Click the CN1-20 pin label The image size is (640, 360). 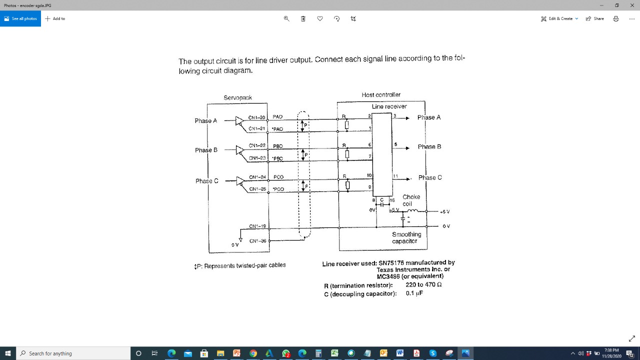coord(256,117)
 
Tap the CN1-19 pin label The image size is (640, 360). coord(257,226)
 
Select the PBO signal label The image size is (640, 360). coord(277,146)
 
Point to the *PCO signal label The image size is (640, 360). coord(278,189)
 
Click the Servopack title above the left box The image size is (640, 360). coord(238,97)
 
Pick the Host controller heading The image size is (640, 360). coord(381,94)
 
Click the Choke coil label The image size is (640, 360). coord(411,200)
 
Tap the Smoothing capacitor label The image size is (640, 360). coord(406,237)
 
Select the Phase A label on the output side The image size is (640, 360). coord(429,117)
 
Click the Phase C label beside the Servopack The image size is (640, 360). coord(206,181)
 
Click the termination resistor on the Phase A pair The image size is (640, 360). coord(347,124)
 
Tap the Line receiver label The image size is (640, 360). coord(389,106)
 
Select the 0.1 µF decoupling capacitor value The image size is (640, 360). coord(414,293)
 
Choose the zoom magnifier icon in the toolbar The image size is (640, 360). coord(286,18)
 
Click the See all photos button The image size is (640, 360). coord(20,18)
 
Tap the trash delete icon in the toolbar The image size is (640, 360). coord(303,18)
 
